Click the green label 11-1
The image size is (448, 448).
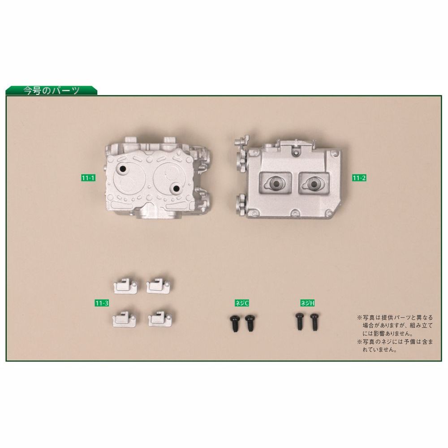[88, 178]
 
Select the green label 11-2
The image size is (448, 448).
[359, 178]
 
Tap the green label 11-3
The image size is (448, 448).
[102, 303]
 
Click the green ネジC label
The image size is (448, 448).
[242, 303]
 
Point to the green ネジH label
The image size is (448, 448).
[307, 303]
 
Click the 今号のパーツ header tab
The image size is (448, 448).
[52, 90]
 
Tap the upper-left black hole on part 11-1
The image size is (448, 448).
[122, 169]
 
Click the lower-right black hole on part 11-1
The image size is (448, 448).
[176, 188]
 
